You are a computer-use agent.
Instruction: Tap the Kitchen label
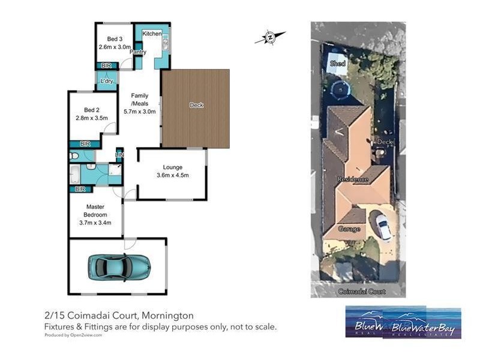click(151, 34)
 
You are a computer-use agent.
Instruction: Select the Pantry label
click(138, 52)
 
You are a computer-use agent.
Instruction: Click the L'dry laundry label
click(107, 81)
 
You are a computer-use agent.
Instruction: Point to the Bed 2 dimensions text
click(91, 118)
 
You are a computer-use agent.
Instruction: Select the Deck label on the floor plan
click(196, 105)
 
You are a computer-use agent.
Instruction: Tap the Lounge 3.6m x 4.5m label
click(172, 171)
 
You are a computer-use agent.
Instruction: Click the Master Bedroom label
click(95, 211)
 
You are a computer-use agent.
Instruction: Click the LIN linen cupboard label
click(119, 155)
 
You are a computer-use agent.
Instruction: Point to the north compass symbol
click(269, 38)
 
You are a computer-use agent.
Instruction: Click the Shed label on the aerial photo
click(337, 64)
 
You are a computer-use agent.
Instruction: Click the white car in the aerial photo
click(383, 226)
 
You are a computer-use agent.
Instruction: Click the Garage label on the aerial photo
click(350, 229)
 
